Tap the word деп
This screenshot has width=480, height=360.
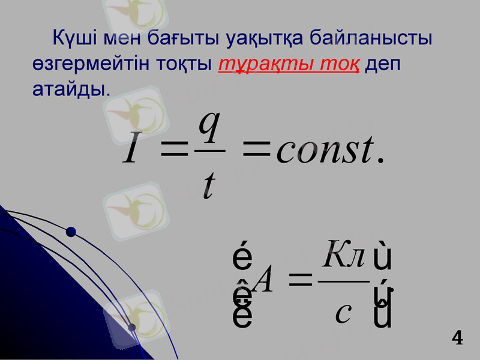(382, 64)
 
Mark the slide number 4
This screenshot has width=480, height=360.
(457, 338)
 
